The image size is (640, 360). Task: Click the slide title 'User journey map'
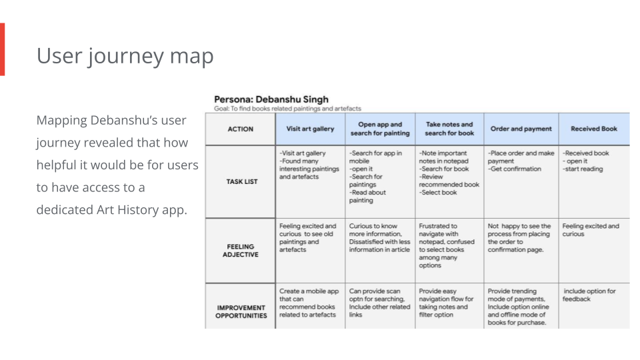tap(125, 56)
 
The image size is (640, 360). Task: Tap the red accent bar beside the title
tap(2, 49)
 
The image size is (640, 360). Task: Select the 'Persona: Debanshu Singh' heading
tap(271, 99)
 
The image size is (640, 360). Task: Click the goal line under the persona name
tap(287, 109)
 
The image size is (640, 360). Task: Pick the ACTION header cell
tap(241, 129)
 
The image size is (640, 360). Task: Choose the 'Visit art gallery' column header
tap(310, 129)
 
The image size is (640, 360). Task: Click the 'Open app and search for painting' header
tap(380, 129)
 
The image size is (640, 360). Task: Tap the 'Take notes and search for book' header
tap(449, 129)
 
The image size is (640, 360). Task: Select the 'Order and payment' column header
tap(521, 129)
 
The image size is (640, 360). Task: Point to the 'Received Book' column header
tap(593, 129)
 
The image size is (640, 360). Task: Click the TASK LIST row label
tap(241, 181)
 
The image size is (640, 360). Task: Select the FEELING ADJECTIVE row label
tap(241, 250)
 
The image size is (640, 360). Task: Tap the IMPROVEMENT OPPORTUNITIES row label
tap(241, 311)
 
